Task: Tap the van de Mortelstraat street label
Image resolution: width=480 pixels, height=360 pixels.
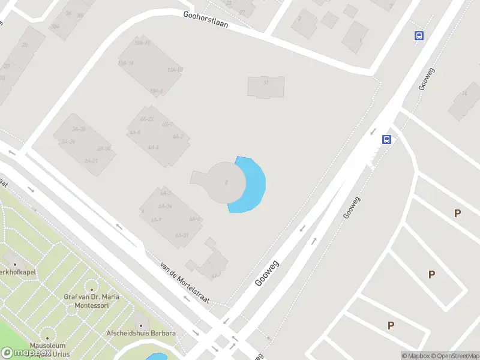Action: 185,282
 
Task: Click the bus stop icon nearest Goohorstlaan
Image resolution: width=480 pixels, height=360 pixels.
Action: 419,35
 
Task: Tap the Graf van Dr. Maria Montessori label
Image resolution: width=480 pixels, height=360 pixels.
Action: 92,301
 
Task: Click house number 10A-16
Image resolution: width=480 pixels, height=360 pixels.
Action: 142,43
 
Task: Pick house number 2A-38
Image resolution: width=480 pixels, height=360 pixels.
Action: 79,129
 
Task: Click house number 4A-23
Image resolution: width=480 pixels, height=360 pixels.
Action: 146,119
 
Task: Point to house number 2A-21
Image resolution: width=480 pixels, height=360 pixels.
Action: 91,161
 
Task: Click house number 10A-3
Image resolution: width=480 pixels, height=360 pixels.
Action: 157,91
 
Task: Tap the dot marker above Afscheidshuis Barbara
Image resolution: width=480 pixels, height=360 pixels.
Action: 139,316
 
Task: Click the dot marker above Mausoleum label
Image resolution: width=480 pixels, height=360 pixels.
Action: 47,337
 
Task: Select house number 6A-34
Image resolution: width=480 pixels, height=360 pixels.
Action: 166,206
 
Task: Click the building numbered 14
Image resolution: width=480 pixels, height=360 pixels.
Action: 464,93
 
